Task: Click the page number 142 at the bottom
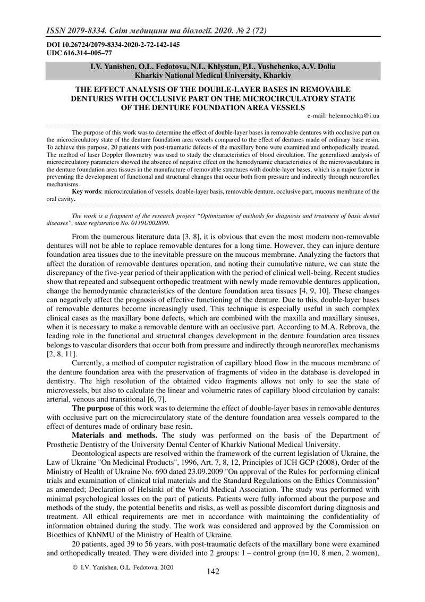[x=212, y=572]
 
